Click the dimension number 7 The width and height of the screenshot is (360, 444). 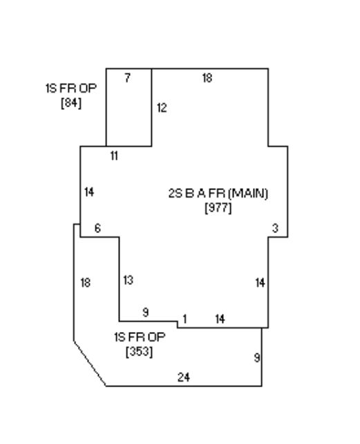tap(128, 77)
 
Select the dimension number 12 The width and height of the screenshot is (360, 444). tap(162, 108)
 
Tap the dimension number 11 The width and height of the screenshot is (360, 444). tap(114, 156)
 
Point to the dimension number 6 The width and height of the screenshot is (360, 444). tap(97, 228)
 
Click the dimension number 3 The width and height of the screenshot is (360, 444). tap(275, 228)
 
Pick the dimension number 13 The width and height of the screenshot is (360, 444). tap(129, 280)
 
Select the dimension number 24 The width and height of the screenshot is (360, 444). tap(184, 377)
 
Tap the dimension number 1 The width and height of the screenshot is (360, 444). tap(184, 319)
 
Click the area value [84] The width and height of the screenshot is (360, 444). tap(71, 102)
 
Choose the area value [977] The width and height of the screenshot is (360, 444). tap(218, 208)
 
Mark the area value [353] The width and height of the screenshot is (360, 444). tap(140, 352)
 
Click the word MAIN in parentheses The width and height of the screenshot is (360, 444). tap(248, 194)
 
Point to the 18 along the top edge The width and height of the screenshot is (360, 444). tap(207, 77)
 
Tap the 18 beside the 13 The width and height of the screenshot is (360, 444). tap(86, 283)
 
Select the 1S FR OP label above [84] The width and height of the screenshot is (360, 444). tap(71, 89)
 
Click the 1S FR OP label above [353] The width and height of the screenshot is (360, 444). tap(140, 337)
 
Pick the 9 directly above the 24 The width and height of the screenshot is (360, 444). tap(257, 358)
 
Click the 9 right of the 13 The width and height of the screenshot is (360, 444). tap(146, 313)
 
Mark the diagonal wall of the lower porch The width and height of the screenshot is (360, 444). tap(90, 364)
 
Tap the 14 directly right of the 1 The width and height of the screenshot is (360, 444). tap(220, 319)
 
